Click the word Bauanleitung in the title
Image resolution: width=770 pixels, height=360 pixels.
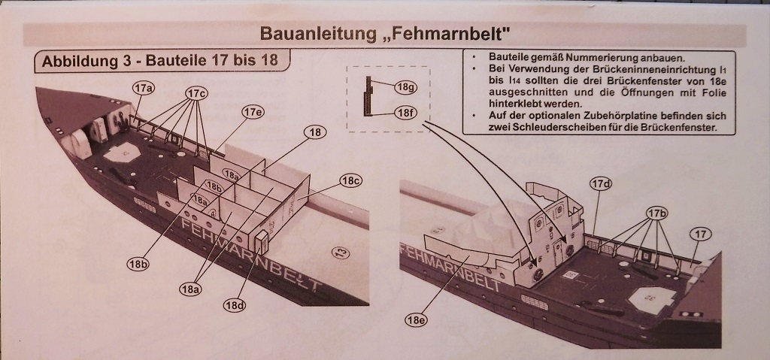click(x=317, y=33)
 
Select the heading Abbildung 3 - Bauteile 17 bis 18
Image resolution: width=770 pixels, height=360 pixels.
click(x=160, y=61)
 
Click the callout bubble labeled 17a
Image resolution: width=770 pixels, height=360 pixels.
click(x=144, y=88)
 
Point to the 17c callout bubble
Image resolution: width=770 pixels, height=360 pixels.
click(x=196, y=92)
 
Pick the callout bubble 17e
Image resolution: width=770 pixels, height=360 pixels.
click(x=253, y=112)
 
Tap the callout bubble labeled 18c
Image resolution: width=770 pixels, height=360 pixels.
click(x=352, y=180)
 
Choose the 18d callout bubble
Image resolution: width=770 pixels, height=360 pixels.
click(x=235, y=305)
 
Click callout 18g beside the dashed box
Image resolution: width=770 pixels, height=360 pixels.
click(x=405, y=87)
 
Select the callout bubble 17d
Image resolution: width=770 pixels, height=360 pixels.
click(x=601, y=184)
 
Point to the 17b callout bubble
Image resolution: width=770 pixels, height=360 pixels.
click(x=657, y=213)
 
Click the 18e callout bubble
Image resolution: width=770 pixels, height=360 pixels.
click(x=416, y=320)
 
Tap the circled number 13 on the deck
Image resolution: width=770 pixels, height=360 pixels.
click(x=341, y=253)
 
